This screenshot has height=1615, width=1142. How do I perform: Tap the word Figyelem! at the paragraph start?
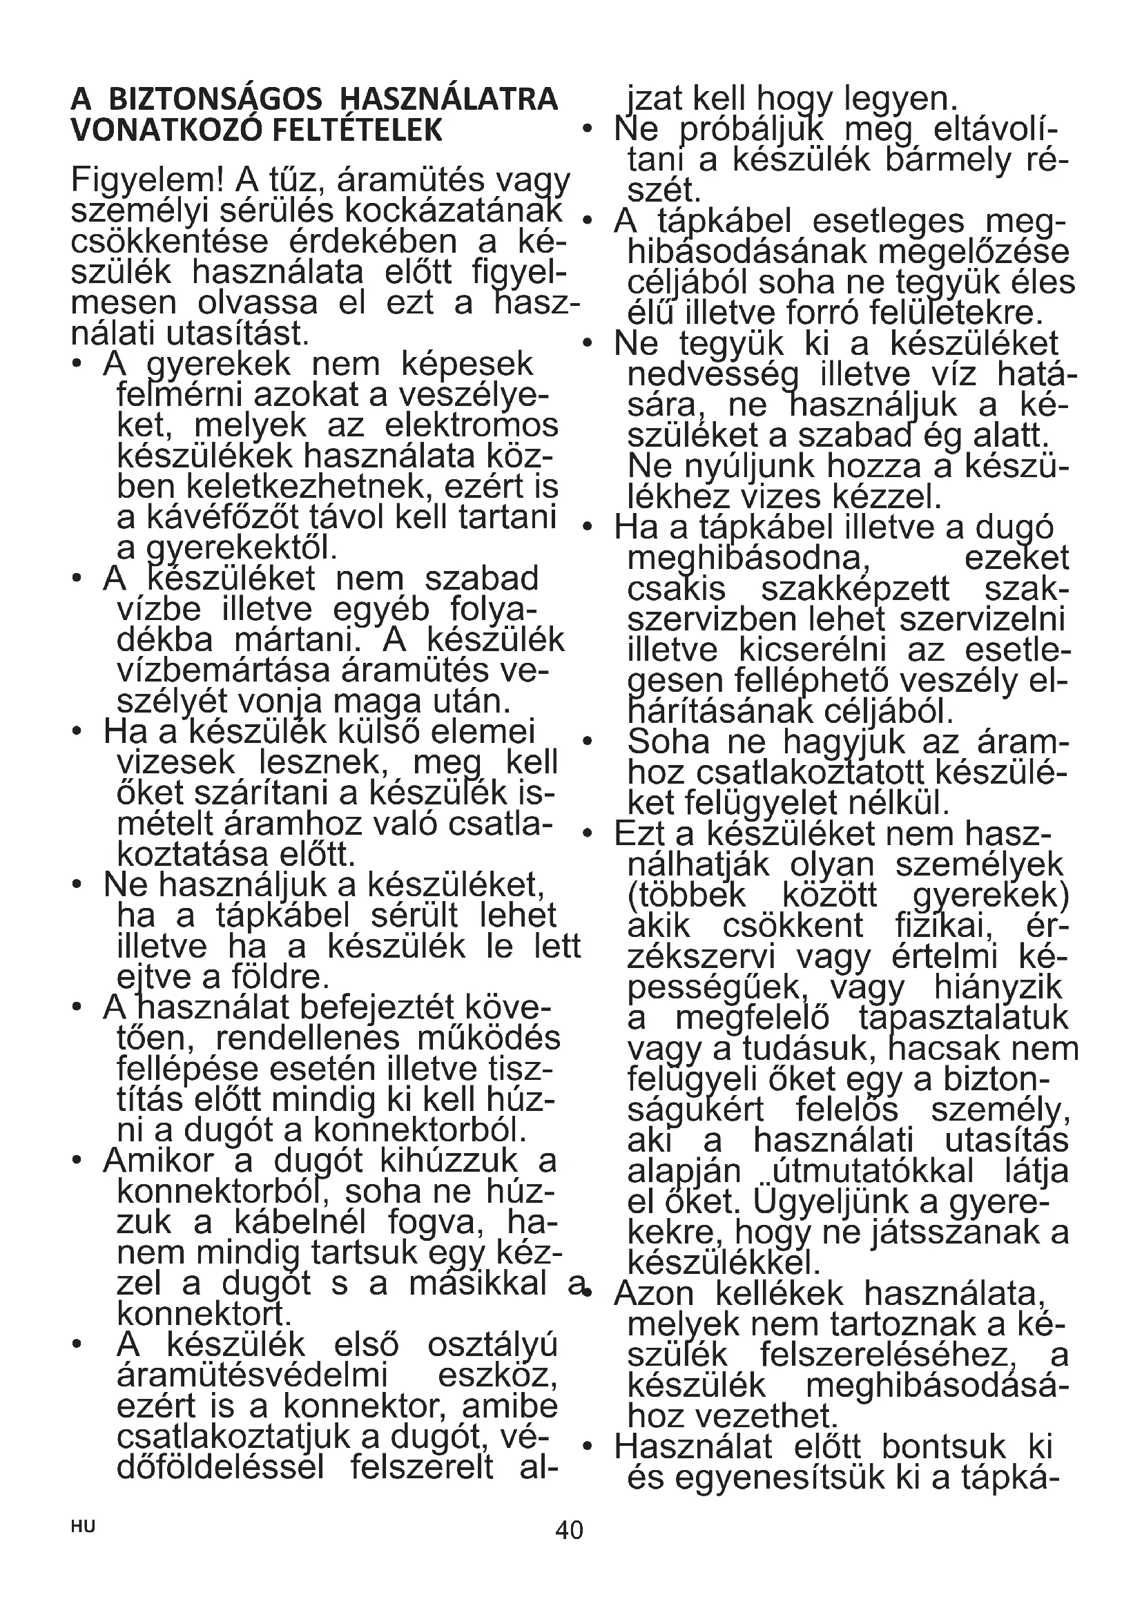147,181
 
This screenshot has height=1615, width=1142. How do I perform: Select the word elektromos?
472,425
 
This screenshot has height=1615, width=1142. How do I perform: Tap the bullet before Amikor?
77,1161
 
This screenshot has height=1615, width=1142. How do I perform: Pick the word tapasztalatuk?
963,1018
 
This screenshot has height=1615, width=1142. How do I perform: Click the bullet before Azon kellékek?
587,1290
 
